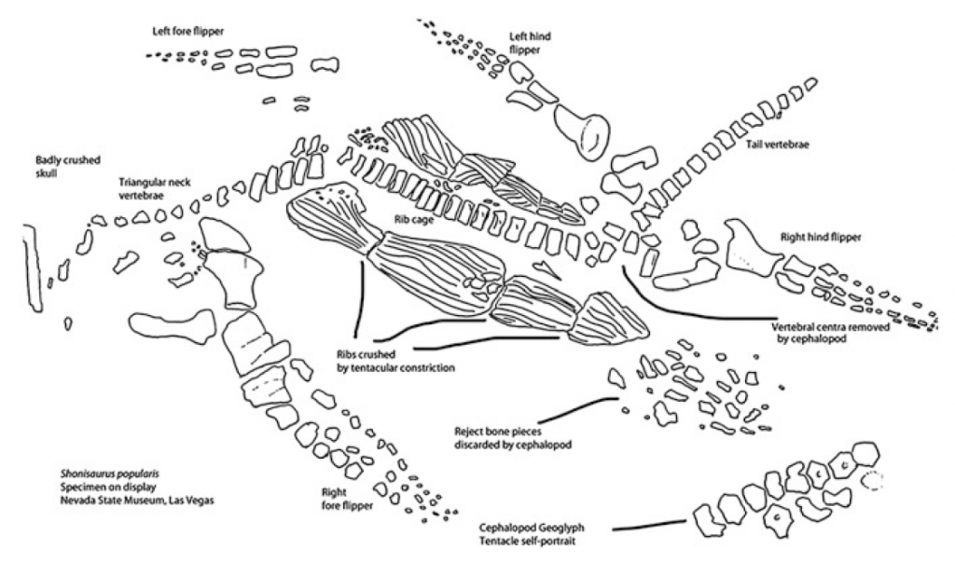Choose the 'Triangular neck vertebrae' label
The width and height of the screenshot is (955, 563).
[154, 191]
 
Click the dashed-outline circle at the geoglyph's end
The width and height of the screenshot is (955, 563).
[873, 480]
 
